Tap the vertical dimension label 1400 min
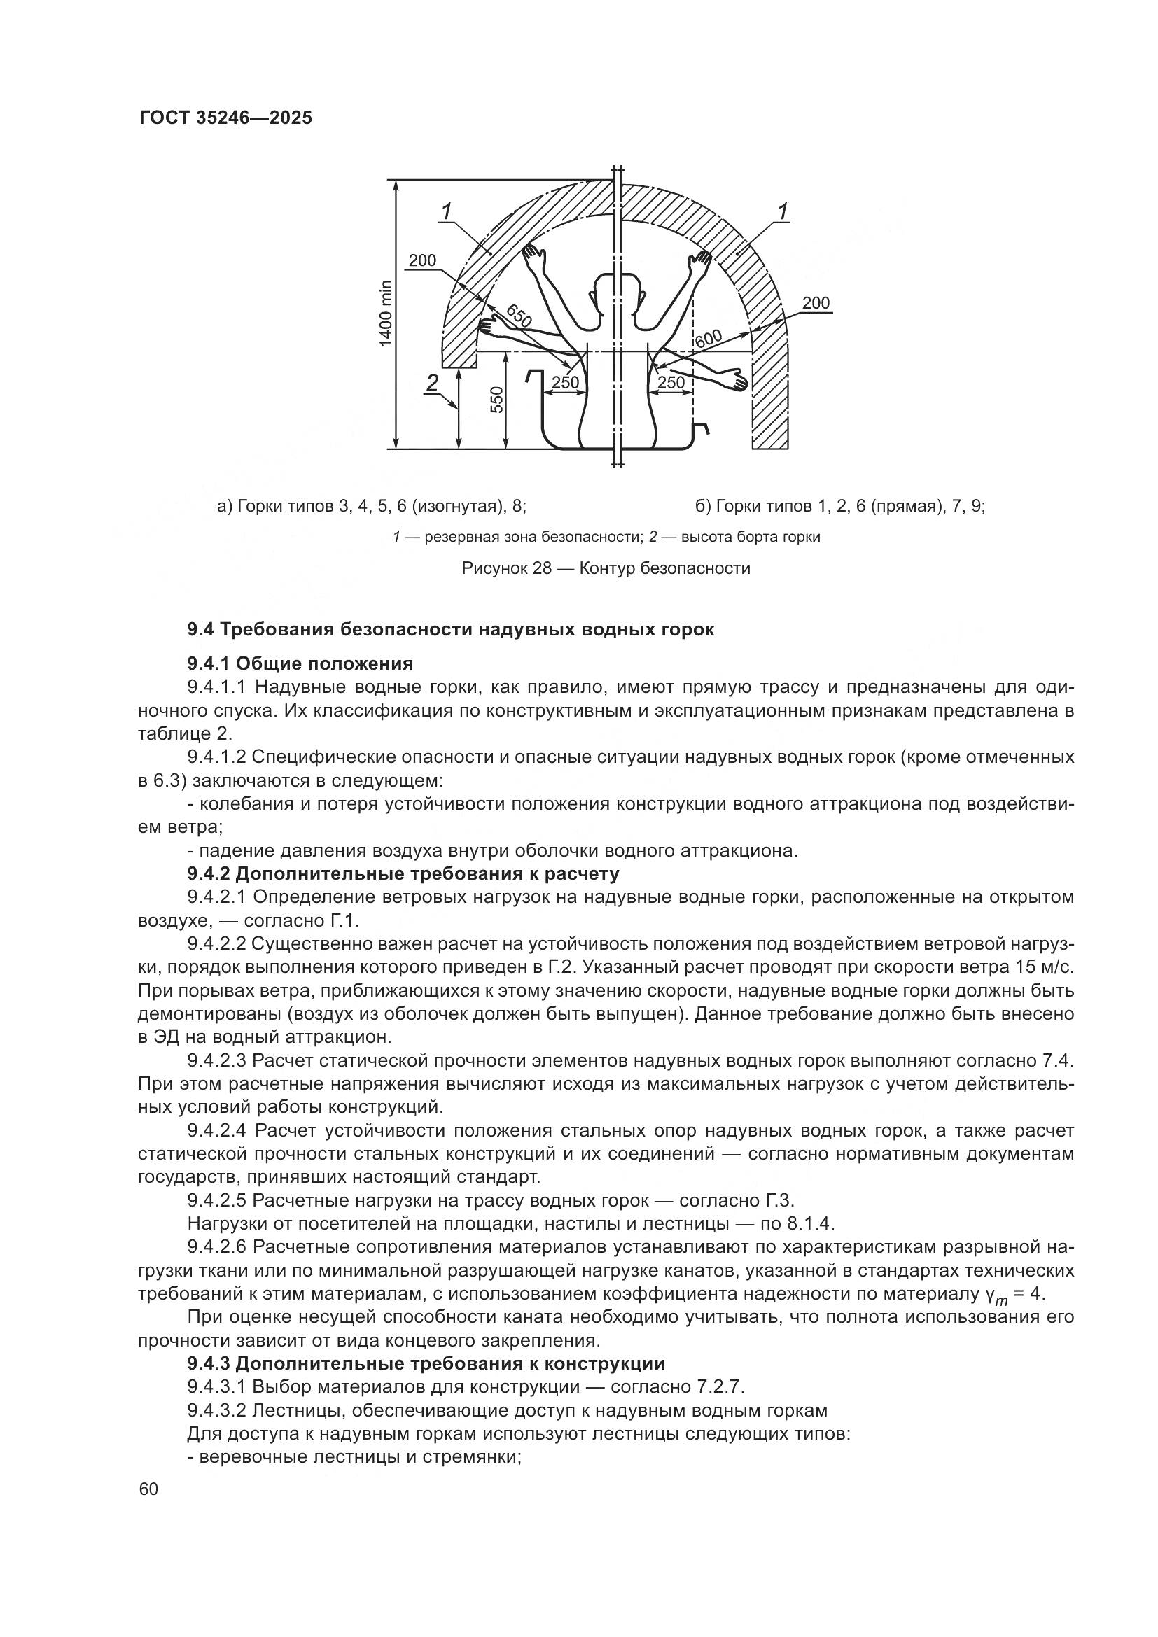(x=386, y=314)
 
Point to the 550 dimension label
(x=497, y=399)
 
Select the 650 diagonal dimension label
(x=519, y=315)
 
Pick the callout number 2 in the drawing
(x=432, y=384)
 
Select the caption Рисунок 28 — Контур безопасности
(x=606, y=568)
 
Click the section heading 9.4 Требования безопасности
(x=450, y=630)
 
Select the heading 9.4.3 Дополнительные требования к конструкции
(x=426, y=1364)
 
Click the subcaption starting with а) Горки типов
(x=372, y=506)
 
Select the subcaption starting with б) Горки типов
(x=841, y=506)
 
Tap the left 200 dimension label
(x=422, y=261)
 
